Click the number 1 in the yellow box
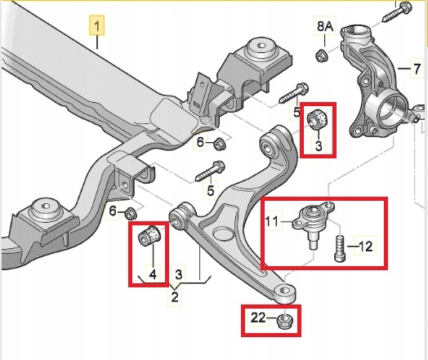point(97,30)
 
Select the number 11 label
point(272,219)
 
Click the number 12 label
point(365,244)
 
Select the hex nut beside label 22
point(285,320)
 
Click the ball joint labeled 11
point(311,222)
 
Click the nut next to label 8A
point(322,56)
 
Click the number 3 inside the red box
point(319,147)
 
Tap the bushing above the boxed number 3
point(318,119)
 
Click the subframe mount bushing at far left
point(45,217)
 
